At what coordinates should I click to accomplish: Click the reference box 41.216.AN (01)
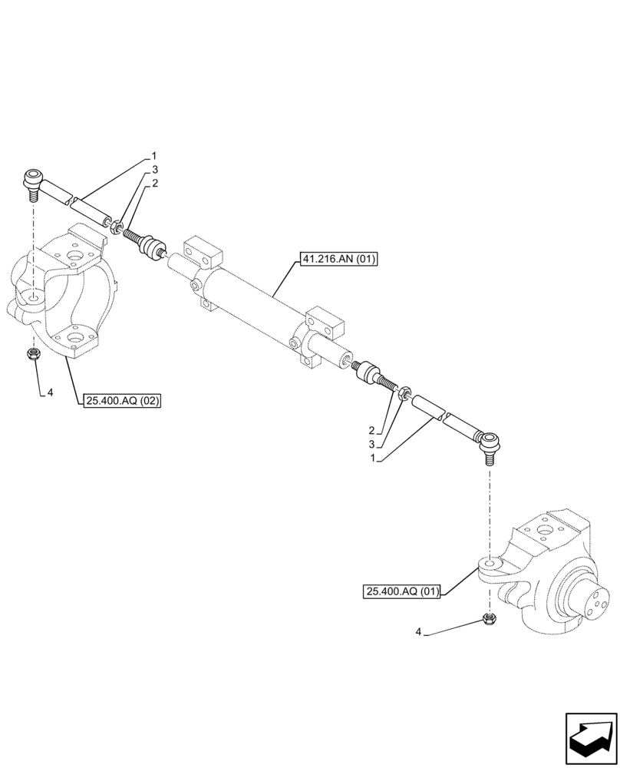pos(338,259)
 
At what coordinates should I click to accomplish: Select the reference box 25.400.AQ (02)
pos(120,399)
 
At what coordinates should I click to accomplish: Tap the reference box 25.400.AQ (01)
pos(402,591)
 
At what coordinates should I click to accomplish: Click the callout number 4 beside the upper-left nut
pos(50,392)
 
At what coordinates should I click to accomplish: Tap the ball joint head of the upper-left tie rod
pos(32,181)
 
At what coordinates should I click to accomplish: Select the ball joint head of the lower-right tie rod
pos(488,440)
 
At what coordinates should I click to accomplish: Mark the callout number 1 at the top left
pos(153,155)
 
